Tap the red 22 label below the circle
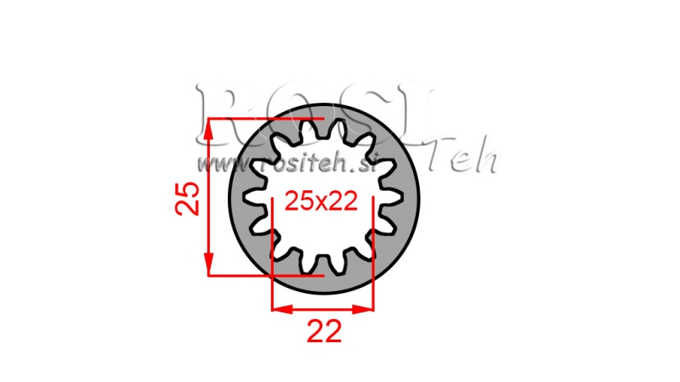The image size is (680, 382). (323, 331)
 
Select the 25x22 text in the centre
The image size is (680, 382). (320, 201)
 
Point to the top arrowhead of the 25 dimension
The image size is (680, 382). (209, 123)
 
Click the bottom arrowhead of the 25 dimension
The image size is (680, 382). (209, 269)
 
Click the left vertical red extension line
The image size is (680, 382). (271, 255)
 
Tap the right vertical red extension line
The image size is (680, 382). (373, 255)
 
